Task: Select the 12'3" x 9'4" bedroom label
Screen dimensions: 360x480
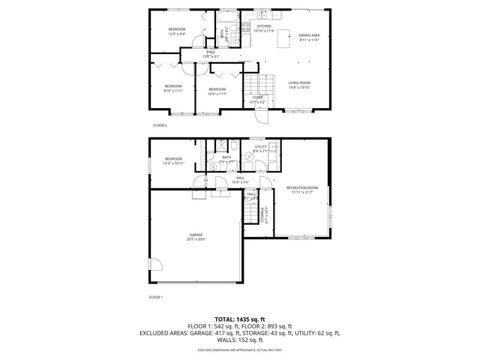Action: click(x=177, y=31)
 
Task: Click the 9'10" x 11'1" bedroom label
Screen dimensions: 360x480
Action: click(x=173, y=88)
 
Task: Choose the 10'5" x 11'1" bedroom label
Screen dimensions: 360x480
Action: click(x=217, y=91)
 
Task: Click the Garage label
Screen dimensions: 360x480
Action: click(x=196, y=237)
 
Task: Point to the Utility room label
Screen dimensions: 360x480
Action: click(x=260, y=148)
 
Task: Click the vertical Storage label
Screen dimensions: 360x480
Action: click(x=262, y=216)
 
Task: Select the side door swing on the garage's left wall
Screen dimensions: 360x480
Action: click(x=155, y=265)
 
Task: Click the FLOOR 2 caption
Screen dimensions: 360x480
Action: click(x=160, y=125)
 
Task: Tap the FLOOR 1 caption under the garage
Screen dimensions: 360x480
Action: click(x=156, y=298)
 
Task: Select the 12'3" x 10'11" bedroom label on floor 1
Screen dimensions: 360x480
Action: click(x=173, y=160)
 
